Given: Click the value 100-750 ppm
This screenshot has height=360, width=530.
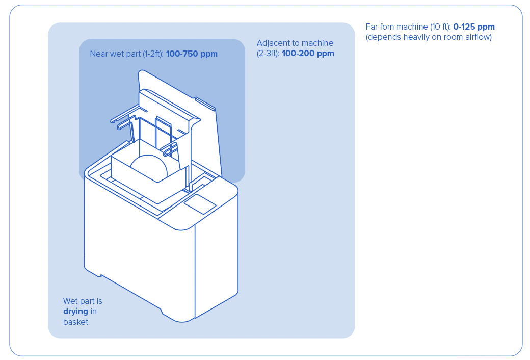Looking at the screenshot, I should tap(192, 54).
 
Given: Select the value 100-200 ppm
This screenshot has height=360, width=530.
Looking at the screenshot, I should tap(308, 53).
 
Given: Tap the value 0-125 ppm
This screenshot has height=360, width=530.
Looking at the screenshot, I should tap(473, 27).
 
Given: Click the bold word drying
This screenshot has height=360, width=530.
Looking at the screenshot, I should tap(75, 312).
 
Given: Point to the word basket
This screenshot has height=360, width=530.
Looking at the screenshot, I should tap(75, 322).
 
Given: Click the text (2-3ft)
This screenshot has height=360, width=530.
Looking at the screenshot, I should tap(268, 53).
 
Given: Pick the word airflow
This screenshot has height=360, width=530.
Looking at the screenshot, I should tap(477, 37).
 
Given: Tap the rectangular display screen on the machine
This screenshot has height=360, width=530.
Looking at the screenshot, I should tap(200, 203).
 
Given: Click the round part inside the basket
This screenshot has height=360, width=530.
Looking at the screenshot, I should tap(149, 166).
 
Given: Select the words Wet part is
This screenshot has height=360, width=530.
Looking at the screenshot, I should tap(83, 301).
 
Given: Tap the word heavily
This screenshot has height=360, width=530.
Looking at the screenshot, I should tap(416, 37).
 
